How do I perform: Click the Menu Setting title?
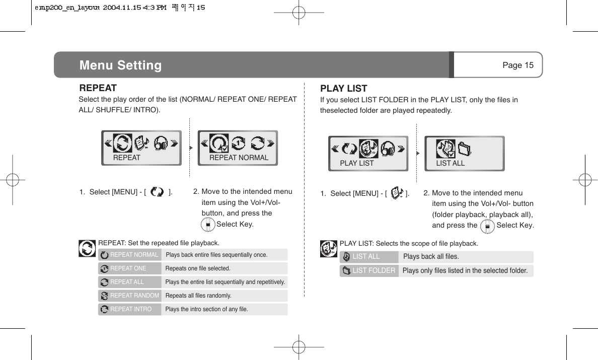120,65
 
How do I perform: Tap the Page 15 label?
517,65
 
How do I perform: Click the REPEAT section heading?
98,88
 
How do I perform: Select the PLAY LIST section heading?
344,89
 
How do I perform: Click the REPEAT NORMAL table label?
134,255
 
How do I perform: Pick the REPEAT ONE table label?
128,268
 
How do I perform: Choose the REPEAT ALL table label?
127,282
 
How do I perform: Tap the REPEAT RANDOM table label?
134,296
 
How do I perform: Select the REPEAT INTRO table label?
131,309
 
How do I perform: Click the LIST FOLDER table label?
373,271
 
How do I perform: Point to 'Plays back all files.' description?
431,257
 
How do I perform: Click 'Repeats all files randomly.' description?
198,296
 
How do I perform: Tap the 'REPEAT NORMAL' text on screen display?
239,158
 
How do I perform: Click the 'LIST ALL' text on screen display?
450,163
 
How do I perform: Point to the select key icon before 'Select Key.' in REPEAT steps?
207,224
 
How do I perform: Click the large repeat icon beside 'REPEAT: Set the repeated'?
88,248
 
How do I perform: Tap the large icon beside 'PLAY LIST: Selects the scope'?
329,248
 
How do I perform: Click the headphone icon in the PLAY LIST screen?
388,148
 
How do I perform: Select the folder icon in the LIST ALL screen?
465,148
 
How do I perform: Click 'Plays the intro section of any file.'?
206,309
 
